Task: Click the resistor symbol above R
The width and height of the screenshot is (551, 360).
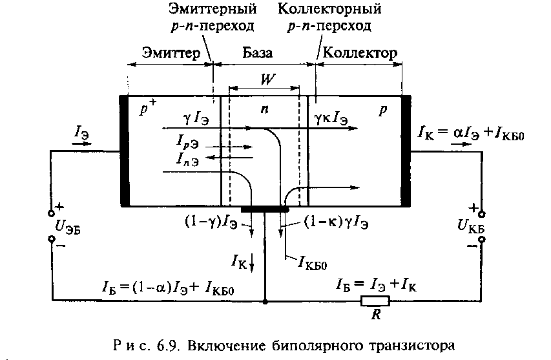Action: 375,301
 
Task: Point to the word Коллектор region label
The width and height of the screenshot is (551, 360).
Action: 359,52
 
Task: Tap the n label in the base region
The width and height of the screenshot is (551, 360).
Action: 264,110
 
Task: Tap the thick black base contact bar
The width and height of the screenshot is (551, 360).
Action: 265,209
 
